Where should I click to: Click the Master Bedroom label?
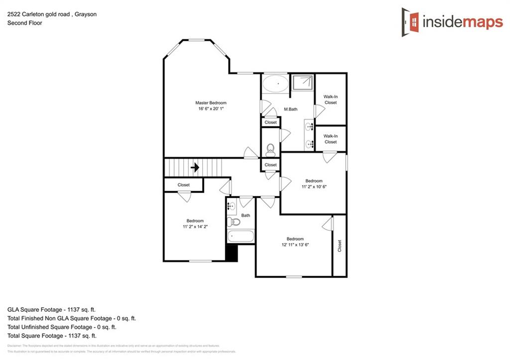(211, 103)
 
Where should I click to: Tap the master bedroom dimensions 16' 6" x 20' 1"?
(211, 109)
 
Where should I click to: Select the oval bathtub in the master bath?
(274, 84)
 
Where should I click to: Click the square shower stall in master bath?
(302, 84)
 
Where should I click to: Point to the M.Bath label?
(290, 109)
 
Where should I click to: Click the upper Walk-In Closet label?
(330, 100)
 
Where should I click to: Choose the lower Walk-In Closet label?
(330, 139)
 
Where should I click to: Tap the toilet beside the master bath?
(270, 149)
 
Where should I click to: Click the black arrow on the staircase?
(195, 167)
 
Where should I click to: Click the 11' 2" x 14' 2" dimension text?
(195, 227)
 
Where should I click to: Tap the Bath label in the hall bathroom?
(246, 216)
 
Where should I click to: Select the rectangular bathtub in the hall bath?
(241, 236)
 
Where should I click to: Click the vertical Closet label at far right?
(340, 245)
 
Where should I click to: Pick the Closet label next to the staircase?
(184, 185)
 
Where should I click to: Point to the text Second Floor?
(24, 23)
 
